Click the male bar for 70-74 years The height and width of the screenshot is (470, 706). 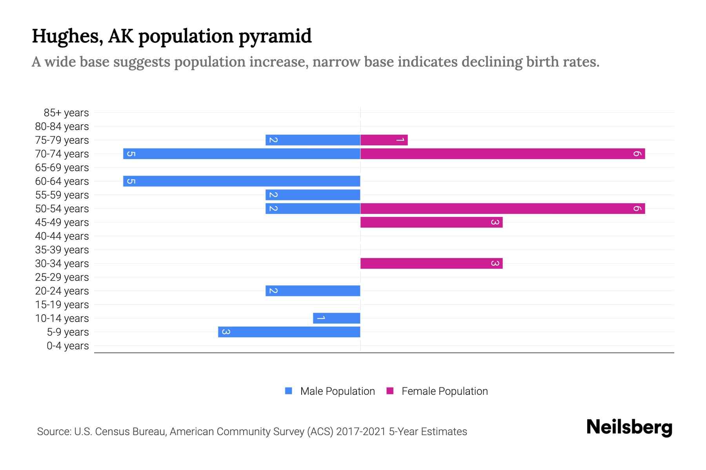click(x=242, y=154)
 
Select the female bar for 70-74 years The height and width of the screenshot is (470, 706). click(x=502, y=154)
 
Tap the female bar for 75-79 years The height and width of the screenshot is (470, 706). click(x=384, y=140)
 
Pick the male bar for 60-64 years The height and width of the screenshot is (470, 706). click(x=242, y=181)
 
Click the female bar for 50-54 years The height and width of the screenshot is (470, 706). click(x=502, y=208)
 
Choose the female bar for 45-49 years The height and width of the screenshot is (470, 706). click(x=431, y=222)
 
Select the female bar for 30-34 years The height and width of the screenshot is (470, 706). click(x=431, y=263)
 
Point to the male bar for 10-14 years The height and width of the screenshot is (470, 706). click(x=337, y=318)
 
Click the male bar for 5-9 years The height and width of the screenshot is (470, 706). click(x=289, y=332)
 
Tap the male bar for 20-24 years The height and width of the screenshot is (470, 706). click(x=313, y=291)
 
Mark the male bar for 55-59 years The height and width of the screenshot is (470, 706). click(x=313, y=195)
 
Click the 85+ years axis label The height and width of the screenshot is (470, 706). click(x=66, y=113)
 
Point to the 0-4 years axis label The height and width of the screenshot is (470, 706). click(x=67, y=346)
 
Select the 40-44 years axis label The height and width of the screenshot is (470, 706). click(x=62, y=236)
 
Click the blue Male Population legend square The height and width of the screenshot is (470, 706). click(x=289, y=391)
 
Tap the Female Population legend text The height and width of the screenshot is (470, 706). click(x=444, y=391)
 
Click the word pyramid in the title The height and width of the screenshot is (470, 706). click(x=275, y=36)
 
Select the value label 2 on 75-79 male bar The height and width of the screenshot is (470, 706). click(x=273, y=140)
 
